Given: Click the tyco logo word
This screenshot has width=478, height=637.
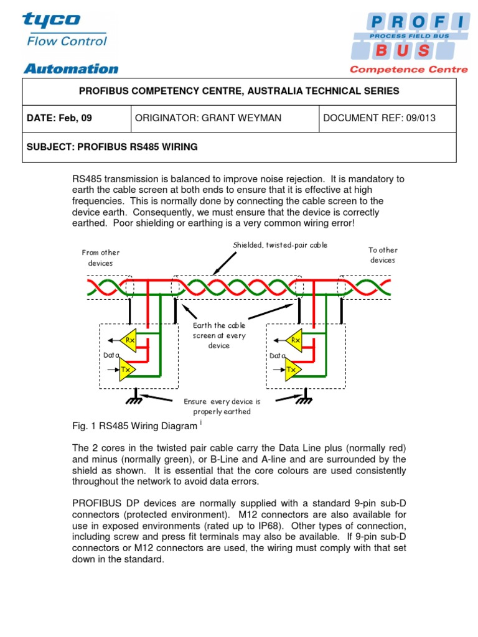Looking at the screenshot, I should (x=52, y=20).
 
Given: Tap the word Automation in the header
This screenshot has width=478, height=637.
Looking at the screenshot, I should (x=70, y=68).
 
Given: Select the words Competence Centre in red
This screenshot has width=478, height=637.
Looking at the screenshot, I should (x=408, y=70).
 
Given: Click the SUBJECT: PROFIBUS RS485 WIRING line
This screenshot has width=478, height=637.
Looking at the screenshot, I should (x=112, y=147).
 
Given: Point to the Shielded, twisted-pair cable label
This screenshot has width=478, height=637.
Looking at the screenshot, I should (x=280, y=245).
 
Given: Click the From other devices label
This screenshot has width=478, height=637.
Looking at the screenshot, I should (x=100, y=258).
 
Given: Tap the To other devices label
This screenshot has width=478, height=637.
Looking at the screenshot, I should (x=383, y=255).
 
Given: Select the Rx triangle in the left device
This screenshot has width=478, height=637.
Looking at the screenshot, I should (x=129, y=340).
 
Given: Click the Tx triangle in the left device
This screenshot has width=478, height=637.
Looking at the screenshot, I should (x=127, y=369).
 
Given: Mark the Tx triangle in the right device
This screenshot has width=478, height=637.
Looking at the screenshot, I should (x=293, y=369).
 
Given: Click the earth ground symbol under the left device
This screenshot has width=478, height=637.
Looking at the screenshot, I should (x=134, y=399).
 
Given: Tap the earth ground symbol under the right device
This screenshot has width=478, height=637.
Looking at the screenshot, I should (x=306, y=399).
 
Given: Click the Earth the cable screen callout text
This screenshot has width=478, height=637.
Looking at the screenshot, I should (x=219, y=335).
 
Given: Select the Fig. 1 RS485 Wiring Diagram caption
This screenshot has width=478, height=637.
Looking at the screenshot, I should (x=134, y=426).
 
